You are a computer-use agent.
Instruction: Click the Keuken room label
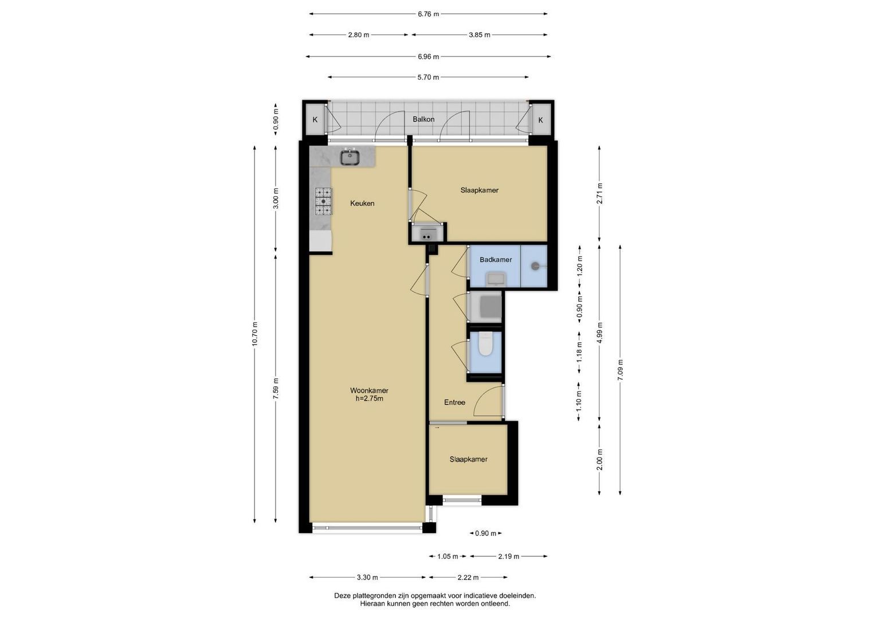click(362, 203)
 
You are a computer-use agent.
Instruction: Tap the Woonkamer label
click(369, 390)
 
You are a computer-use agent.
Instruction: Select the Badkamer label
click(496, 260)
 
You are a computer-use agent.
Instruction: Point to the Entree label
click(454, 402)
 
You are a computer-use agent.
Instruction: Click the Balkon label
click(423, 119)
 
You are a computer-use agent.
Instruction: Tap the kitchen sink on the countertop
click(350, 156)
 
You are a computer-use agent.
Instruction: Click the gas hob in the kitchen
click(323, 201)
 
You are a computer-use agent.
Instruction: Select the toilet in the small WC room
click(485, 344)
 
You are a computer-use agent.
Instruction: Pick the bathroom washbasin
click(496, 279)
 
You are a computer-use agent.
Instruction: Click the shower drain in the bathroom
click(535, 266)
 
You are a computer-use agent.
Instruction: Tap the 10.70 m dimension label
click(254, 334)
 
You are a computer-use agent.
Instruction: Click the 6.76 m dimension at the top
click(429, 14)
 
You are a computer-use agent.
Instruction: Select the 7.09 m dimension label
click(620, 370)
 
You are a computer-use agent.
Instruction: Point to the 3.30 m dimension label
click(367, 577)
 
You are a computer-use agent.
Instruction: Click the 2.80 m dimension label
click(359, 35)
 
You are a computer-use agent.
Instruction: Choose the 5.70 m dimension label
click(428, 77)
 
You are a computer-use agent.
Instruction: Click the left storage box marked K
click(315, 120)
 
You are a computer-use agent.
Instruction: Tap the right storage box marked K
click(540, 120)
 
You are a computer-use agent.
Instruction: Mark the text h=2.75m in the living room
click(369, 398)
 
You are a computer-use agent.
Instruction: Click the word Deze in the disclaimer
click(342, 596)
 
